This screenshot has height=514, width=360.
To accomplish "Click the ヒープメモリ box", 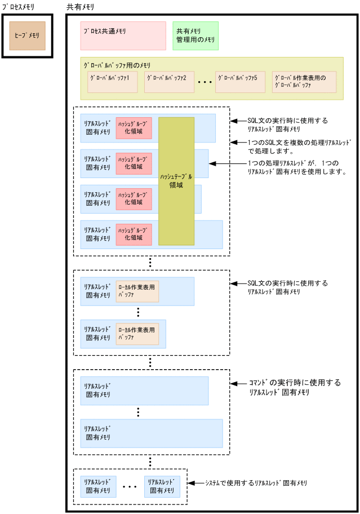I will click(x=27, y=36).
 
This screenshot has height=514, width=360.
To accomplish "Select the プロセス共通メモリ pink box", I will click(x=123, y=36).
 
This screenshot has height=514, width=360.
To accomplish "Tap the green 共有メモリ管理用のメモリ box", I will click(x=195, y=36).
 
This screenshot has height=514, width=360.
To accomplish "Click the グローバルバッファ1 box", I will click(x=112, y=82).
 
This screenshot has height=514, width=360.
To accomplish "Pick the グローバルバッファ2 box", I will click(x=170, y=82).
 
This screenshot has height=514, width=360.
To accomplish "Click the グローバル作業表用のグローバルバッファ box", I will click(x=304, y=82).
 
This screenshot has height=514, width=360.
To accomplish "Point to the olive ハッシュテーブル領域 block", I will click(x=176, y=181).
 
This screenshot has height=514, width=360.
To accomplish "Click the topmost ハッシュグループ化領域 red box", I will click(x=134, y=128).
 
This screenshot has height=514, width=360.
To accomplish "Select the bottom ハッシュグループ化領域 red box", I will click(x=134, y=234).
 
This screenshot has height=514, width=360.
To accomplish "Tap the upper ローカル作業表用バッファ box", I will click(x=137, y=291).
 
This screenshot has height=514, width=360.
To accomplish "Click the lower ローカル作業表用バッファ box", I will click(x=137, y=334).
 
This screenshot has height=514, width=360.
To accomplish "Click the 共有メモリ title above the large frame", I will click(x=81, y=7).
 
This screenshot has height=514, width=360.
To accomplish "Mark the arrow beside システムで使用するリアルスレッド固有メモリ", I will click(x=195, y=483).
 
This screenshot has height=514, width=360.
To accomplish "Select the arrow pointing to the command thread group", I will click(x=236, y=383).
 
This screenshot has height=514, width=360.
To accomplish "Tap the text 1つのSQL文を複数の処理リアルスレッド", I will click(x=300, y=143).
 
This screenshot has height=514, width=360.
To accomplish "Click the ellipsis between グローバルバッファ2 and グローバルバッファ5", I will click(x=205, y=82).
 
